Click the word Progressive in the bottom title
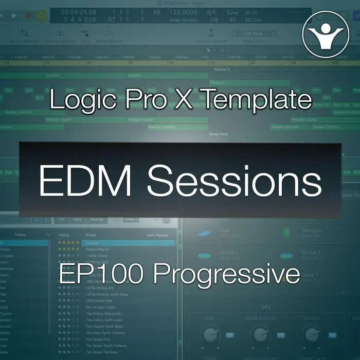pyautogui.click(x=226, y=274)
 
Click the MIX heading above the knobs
pyautogui.click(x=266, y=307)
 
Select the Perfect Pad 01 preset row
pyautogui.click(x=97, y=248)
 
